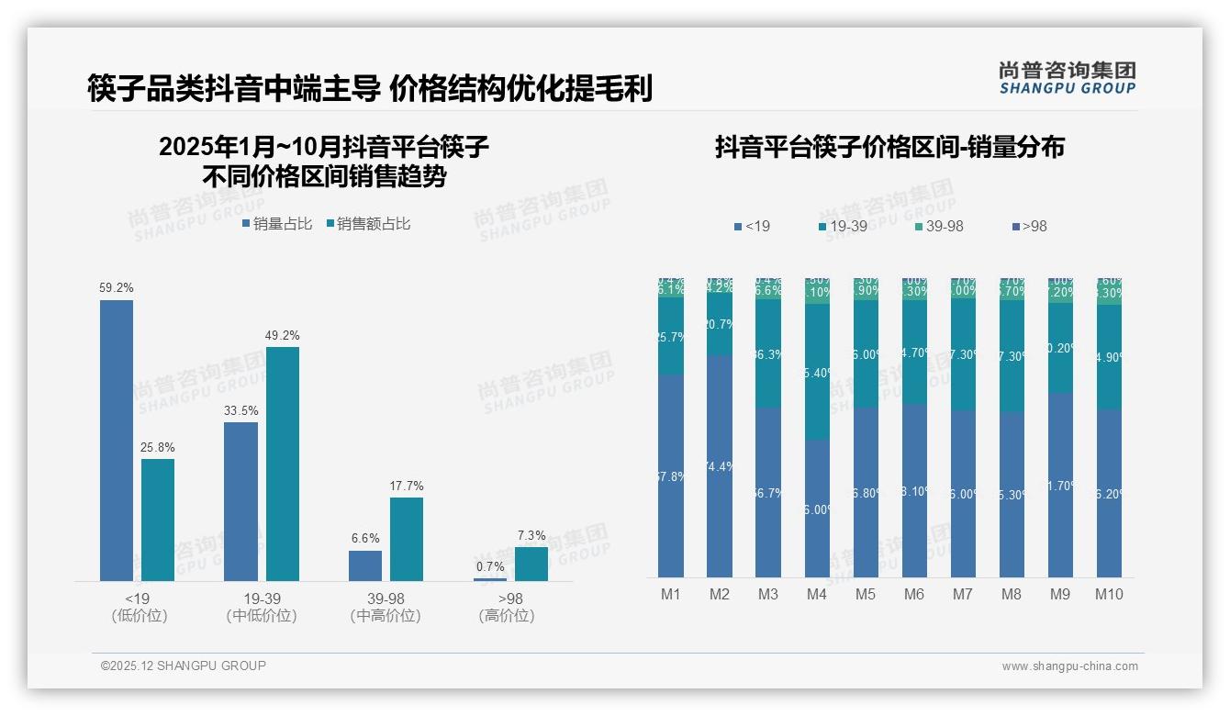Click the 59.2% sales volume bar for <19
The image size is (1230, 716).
click(x=117, y=441)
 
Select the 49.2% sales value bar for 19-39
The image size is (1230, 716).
click(x=283, y=464)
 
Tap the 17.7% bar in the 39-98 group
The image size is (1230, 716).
click(x=407, y=539)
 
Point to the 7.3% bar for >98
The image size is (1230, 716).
click(x=531, y=564)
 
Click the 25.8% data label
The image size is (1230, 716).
click(x=158, y=447)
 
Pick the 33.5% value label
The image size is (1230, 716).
click(x=240, y=410)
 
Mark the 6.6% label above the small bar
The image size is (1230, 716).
click(x=364, y=538)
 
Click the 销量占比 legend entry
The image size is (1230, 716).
click(x=277, y=224)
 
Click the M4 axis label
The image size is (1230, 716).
click(x=817, y=594)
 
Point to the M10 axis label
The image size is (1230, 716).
click(x=1109, y=594)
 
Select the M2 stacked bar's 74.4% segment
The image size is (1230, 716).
click(x=720, y=466)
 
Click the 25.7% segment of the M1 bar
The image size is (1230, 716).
click(x=671, y=336)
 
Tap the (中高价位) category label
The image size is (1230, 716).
click(x=386, y=616)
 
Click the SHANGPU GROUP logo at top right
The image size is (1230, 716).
click(x=1067, y=78)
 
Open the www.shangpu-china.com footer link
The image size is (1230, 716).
click(x=1069, y=666)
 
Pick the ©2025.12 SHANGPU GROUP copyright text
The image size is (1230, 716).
click(x=184, y=666)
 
